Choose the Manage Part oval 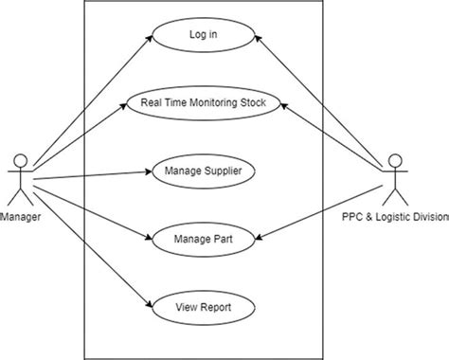click(x=204, y=240)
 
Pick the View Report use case click(x=204, y=307)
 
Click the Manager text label click(x=20, y=217)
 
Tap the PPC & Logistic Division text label click(x=395, y=217)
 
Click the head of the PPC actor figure click(x=395, y=159)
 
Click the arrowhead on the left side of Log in click(x=152, y=39)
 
